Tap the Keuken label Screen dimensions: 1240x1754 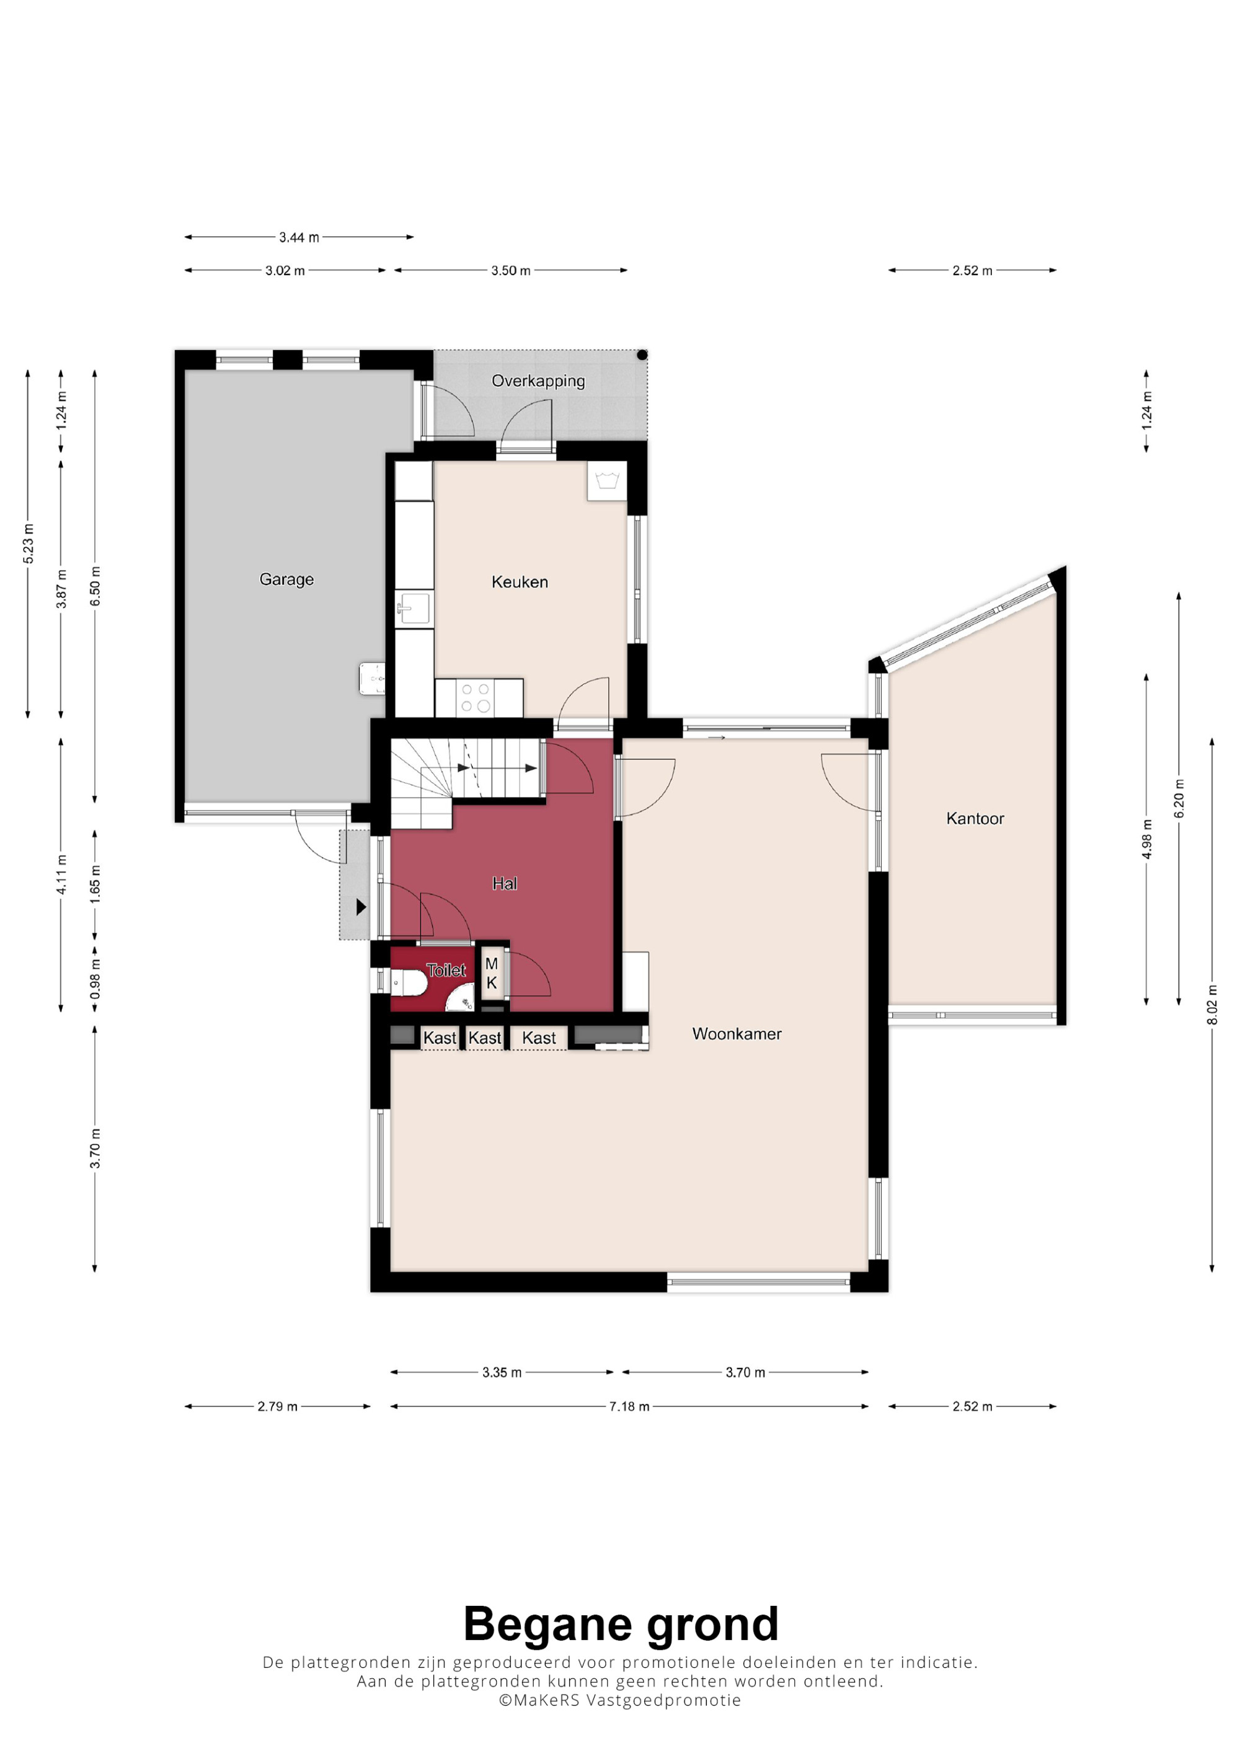(x=520, y=582)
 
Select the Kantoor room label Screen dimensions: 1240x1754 (x=975, y=819)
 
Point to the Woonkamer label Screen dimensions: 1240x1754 (x=737, y=1034)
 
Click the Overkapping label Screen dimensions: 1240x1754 (x=538, y=381)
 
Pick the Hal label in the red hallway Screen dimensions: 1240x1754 (x=504, y=884)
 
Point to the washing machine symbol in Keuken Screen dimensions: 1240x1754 (x=606, y=482)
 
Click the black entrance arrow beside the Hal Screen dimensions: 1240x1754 (x=361, y=907)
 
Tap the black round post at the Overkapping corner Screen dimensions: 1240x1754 (x=642, y=355)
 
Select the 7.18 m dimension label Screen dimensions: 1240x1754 (x=629, y=1406)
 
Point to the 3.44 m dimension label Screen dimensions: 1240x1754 (x=299, y=237)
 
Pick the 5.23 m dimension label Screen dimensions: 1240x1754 (x=29, y=545)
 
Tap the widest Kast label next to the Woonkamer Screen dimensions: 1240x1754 (x=539, y=1038)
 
